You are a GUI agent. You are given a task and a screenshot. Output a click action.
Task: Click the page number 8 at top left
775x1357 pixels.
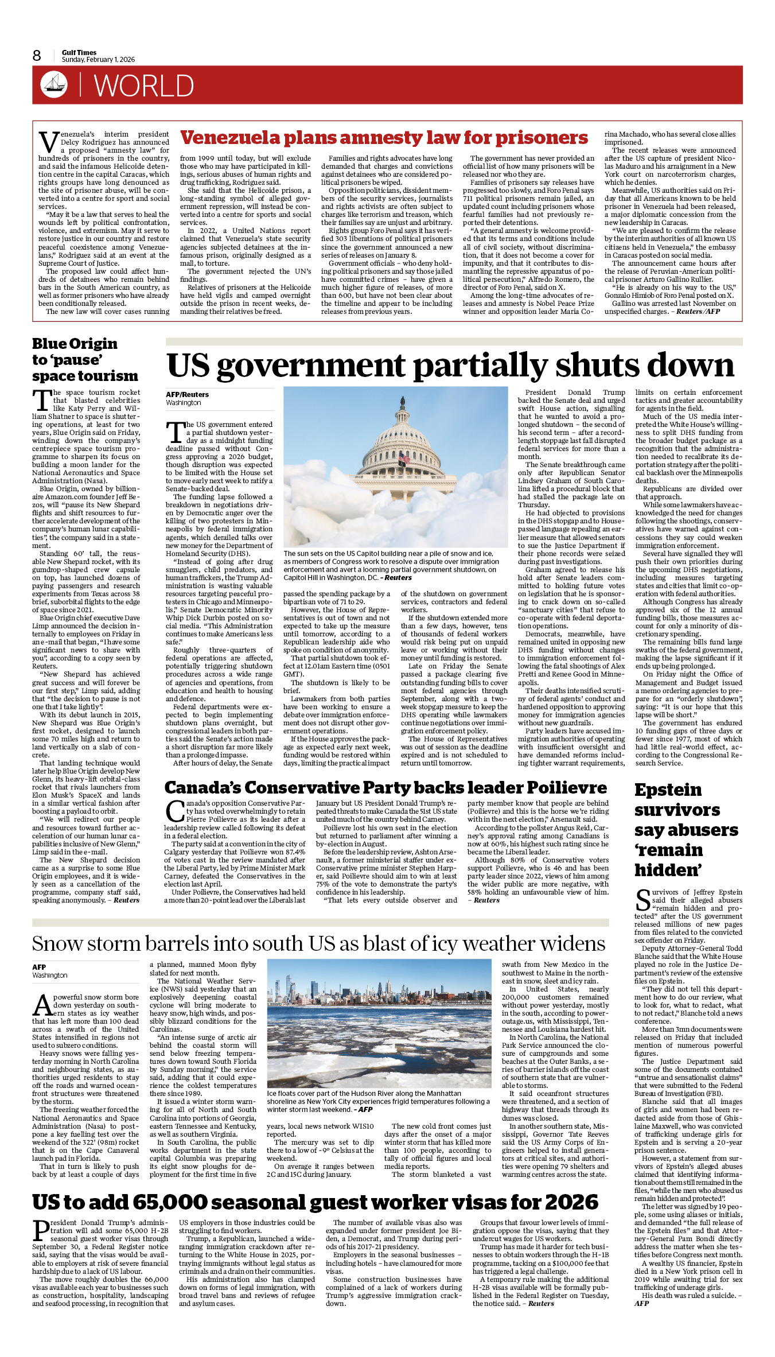(37, 56)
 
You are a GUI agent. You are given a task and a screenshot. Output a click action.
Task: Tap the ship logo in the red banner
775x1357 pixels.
(54, 84)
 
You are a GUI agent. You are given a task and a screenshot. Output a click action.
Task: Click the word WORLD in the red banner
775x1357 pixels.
(144, 86)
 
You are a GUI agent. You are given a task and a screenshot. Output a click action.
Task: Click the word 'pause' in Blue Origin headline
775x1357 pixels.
(76, 360)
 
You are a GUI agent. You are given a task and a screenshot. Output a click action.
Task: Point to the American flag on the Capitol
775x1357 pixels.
(404, 458)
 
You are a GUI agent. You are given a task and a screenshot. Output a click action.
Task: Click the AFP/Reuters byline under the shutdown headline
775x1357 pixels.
(187, 395)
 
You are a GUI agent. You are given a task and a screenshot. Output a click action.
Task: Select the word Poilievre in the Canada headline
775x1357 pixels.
(567, 788)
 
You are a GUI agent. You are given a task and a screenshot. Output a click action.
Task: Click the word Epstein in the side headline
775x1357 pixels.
(668, 790)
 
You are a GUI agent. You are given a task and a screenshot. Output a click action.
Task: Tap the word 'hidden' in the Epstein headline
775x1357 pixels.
(668, 870)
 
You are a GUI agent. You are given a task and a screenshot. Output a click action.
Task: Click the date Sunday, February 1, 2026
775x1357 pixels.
(98, 60)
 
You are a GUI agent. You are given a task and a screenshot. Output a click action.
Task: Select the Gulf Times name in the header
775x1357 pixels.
(79, 52)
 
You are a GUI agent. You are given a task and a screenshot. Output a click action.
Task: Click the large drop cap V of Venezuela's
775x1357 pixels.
(48, 142)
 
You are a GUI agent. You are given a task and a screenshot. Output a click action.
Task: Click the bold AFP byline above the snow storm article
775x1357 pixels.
(39, 967)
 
